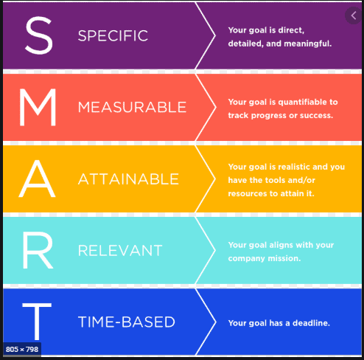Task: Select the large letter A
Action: click(x=37, y=178)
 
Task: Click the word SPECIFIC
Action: click(x=113, y=35)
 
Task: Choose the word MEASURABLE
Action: click(x=132, y=107)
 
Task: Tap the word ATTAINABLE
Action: click(x=128, y=179)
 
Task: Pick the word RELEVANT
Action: click(x=119, y=251)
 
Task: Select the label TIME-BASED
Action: click(x=126, y=322)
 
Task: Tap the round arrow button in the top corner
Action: click(x=354, y=15)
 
